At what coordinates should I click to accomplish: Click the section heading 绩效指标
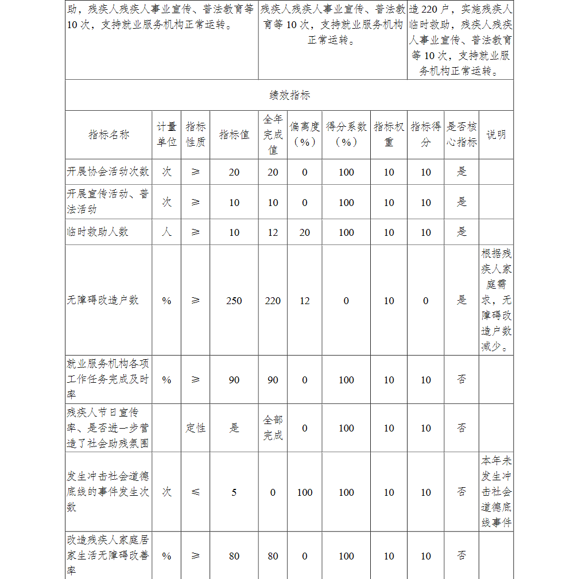(x=290, y=95)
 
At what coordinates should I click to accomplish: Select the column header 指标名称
(x=109, y=135)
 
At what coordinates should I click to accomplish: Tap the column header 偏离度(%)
(x=304, y=135)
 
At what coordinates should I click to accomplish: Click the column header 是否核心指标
(x=461, y=135)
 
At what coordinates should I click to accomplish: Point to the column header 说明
(x=496, y=135)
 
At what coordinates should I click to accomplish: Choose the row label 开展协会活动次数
(x=108, y=172)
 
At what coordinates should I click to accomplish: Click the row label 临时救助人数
(x=98, y=232)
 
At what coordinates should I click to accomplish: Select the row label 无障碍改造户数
(x=103, y=300)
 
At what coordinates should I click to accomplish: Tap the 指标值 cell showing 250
(x=234, y=301)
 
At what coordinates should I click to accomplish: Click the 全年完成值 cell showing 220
(x=273, y=301)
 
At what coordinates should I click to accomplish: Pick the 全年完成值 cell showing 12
(x=273, y=232)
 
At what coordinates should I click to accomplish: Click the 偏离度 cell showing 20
(x=304, y=232)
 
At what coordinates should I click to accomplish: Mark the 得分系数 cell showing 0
(x=346, y=301)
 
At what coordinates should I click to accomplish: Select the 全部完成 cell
(x=273, y=428)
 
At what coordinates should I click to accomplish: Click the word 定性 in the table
(x=195, y=428)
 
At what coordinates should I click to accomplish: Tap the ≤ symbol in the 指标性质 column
(x=195, y=492)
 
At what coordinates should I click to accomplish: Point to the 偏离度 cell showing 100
(x=304, y=492)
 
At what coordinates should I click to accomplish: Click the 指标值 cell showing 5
(x=234, y=492)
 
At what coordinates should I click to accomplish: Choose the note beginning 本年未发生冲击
(x=496, y=492)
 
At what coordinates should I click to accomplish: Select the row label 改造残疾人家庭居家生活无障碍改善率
(x=108, y=555)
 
